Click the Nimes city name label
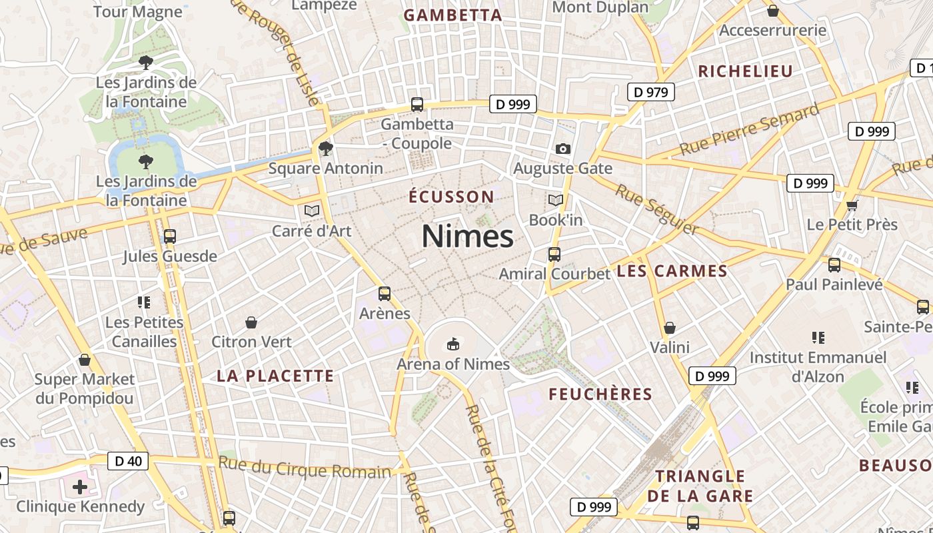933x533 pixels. click(467, 237)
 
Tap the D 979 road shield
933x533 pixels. click(651, 92)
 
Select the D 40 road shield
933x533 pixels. click(128, 460)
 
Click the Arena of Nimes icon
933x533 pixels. click(453, 344)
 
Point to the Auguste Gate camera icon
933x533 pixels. click(563, 149)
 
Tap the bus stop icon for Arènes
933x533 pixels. click(384, 293)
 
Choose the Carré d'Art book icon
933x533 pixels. click(311, 211)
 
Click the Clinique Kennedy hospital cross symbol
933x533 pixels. click(80, 486)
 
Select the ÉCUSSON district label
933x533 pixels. click(451, 197)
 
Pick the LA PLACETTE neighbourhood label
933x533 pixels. click(275, 376)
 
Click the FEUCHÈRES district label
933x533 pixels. click(600, 394)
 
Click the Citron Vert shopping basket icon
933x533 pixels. click(251, 322)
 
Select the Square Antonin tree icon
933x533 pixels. click(325, 148)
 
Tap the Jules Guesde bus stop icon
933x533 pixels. click(169, 236)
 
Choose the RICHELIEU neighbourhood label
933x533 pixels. click(745, 71)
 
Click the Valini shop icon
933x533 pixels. click(670, 328)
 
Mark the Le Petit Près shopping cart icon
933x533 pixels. click(852, 205)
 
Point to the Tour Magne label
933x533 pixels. click(138, 11)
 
